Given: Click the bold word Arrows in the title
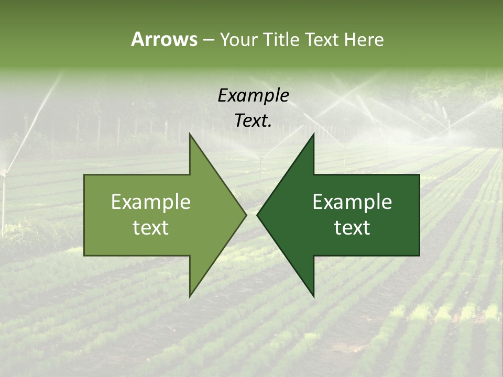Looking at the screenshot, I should tap(164, 39).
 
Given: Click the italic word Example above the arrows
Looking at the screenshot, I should tap(253, 95).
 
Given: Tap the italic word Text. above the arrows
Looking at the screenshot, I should tap(253, 120).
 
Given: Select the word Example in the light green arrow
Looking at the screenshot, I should tap(151, 202).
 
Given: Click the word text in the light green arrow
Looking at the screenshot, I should tap(151, 228).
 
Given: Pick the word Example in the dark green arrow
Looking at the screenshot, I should tap(352, 202).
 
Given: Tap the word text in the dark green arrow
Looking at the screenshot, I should tap(352, 228).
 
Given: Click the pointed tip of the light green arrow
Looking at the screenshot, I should tap(246, 215).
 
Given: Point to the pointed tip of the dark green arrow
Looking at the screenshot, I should tap(257, 215).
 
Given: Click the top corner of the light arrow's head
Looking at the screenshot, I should tap(190, 134).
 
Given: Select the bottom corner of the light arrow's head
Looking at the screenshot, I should tap(190, 296).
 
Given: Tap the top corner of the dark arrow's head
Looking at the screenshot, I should tap(313, 134).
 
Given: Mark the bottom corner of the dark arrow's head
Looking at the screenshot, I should tap(313, 296).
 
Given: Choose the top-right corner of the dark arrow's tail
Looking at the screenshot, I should tap(419, 175).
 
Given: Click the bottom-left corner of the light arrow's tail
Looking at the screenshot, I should tap(84, 256).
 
